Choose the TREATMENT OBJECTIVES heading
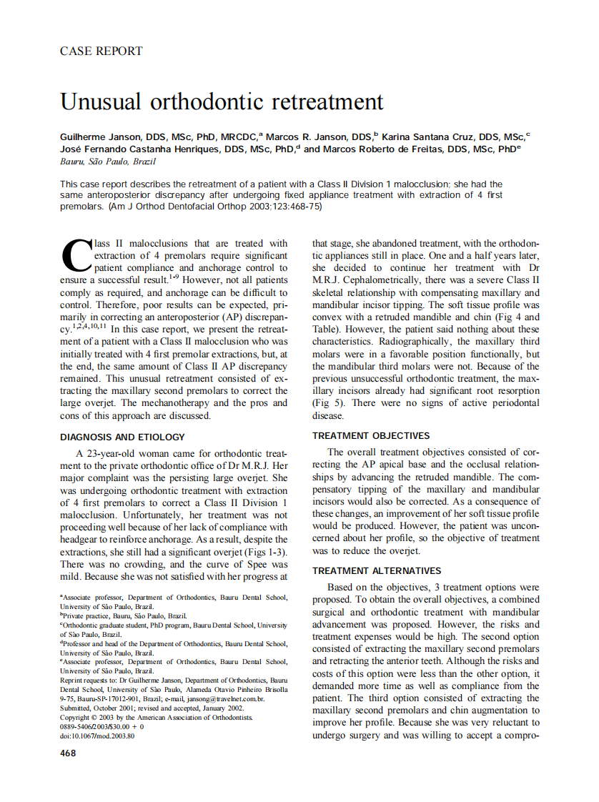371,435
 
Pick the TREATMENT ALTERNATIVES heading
377,570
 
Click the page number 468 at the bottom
69,753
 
